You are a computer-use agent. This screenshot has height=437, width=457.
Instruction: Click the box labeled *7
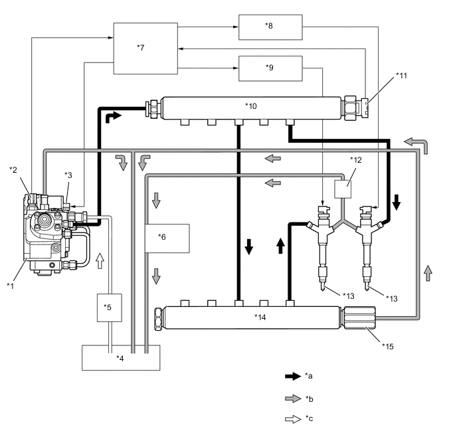coord(145,48)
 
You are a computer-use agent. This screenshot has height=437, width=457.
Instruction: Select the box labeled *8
coord(270,27)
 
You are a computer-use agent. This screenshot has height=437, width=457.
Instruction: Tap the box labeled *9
coord(270,68)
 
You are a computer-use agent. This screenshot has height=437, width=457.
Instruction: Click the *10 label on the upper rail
coord(250,106)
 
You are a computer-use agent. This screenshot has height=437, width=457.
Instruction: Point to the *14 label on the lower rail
coord(260,317)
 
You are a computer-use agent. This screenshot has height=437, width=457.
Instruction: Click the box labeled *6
coord(167,238)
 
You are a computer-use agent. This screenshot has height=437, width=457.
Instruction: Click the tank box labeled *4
coord(120,357)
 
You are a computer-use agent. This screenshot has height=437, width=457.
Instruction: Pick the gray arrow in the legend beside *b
coord(292,398)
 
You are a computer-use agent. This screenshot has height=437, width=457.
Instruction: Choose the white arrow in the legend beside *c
coord(292,420)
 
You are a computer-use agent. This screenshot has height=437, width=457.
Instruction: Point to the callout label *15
coord(386,345)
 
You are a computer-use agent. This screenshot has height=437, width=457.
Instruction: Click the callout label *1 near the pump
coord(10,285)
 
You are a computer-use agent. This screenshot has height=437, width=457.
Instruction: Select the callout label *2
coord(13,169)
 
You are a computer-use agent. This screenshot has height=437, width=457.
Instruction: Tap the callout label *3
coord(68,175)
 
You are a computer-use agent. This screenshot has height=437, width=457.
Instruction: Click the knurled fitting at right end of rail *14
coord(359,317)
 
